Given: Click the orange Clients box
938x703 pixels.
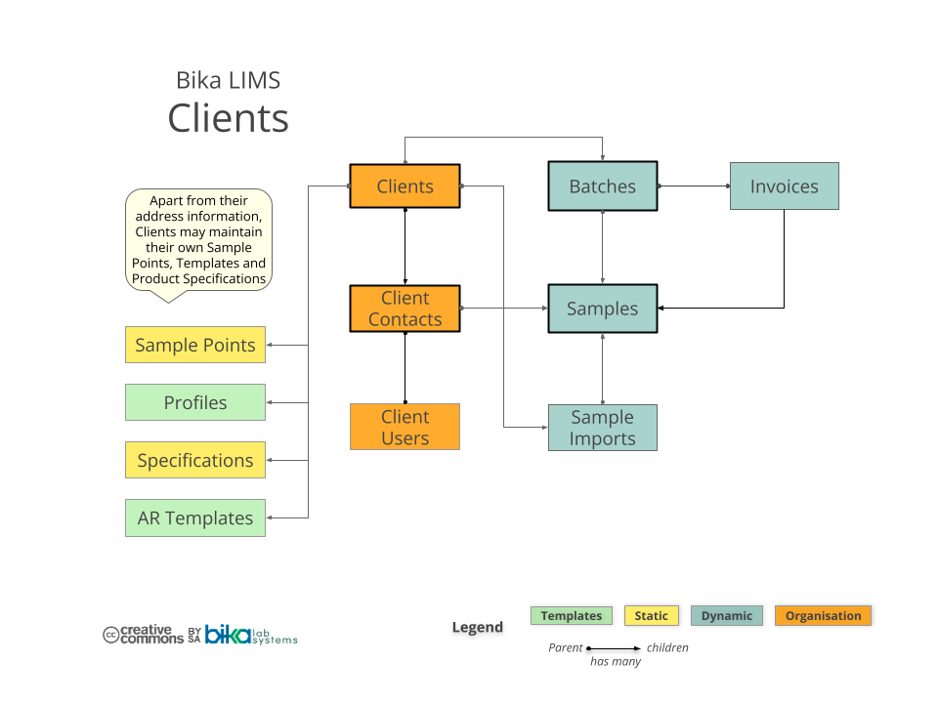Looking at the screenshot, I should pyautogui.click(x=405, y=186).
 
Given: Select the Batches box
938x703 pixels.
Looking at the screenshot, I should pyautogui.click(x=602, y=186).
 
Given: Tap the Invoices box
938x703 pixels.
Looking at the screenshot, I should pyautogui.click(x=784, y=186).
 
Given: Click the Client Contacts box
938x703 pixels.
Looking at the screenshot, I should pyautogui.click(x=405, y=309).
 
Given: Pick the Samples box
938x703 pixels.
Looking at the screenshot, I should pyautogui.click(x=602, y=309).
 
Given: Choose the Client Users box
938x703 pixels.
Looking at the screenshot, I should pyautogui.click(x=405, y=427).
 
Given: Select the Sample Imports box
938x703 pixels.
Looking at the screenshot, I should pyautogui.click(x=602, y=428).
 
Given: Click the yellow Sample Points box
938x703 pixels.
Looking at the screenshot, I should pyautogui.click(x=195, y=345).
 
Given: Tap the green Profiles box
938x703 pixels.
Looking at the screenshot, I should pyautogui.click(x=195, y=402).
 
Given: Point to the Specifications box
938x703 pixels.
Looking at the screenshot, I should pyautogui.click(x=195, y=460).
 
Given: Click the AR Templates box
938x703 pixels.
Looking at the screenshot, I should pyautogui.click(x=195, y=517).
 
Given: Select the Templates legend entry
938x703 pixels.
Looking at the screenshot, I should pyautogui.click(x=572, y=616).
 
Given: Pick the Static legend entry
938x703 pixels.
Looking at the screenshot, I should pyautogui.click(x=651, y=616).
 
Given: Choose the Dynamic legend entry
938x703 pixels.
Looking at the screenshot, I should pyautogui.click(x=727, y=616).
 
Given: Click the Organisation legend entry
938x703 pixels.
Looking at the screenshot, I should pyautogui.click(x=823, y=616).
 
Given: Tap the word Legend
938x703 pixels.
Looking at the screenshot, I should pyautogui.click(x=477, y=627).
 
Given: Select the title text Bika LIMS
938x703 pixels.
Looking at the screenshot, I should pyautogui.click(x=228, y=80).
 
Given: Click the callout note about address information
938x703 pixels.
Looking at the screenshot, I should pyautogui.click(x=199, y=239).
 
